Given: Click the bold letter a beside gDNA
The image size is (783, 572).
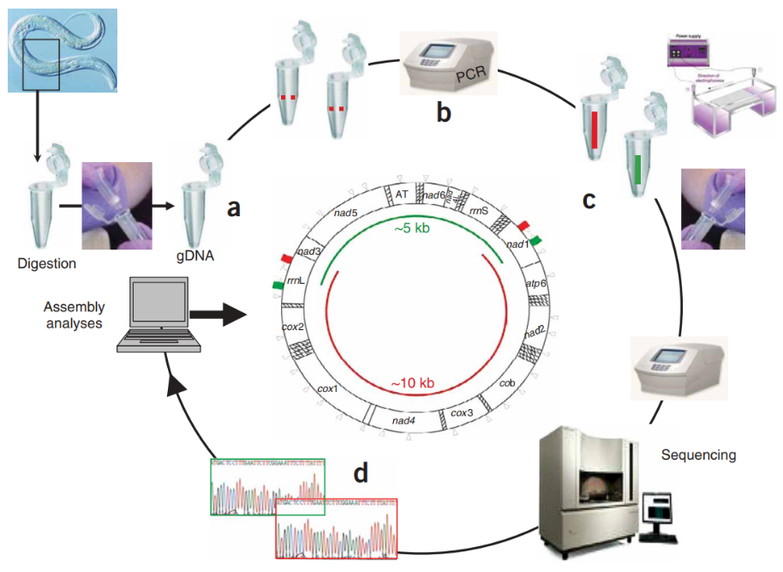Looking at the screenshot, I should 231,208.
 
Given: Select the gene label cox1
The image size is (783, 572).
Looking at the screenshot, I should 327,388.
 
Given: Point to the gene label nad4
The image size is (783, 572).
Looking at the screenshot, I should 403,420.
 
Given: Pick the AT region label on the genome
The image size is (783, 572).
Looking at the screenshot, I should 402,195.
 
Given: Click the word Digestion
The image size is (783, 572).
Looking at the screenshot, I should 46,263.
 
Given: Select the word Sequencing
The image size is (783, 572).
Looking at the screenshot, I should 698,455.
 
